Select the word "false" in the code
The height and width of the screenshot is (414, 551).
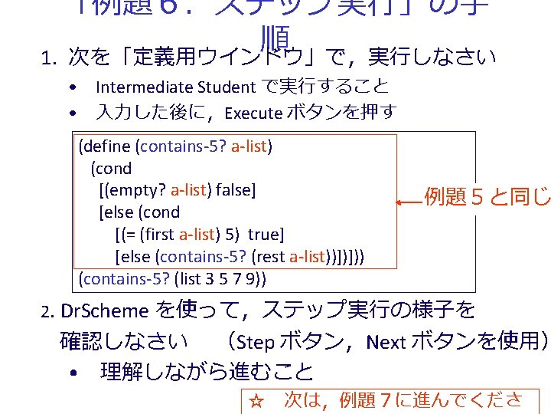tap(237, 190)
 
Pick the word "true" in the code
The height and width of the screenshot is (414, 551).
tap(264, 234)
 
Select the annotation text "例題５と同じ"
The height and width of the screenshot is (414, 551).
tap(487, 197)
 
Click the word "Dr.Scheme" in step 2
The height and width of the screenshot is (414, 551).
tap(105, 311)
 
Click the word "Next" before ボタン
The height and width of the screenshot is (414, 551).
tap(386, 341)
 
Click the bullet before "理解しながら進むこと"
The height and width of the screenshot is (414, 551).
tap(71, 373)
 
